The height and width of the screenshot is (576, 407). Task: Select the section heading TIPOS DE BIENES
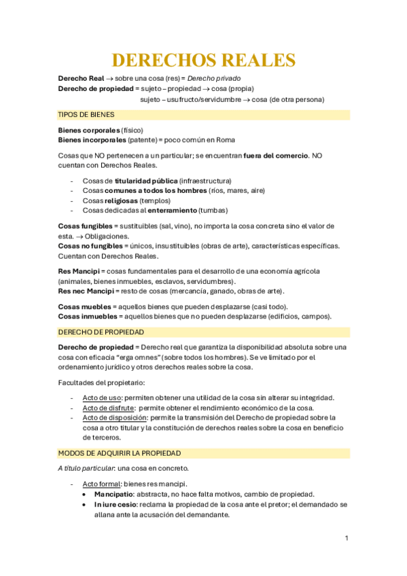tap(87, 115)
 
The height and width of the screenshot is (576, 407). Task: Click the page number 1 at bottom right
tap(346, 538)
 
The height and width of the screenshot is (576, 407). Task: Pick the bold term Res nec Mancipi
tap(85, 291)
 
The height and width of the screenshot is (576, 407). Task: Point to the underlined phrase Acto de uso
tap(101, 397)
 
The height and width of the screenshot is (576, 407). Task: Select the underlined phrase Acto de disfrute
tap(107, 408)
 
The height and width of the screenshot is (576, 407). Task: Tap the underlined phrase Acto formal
tap(97, 483)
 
